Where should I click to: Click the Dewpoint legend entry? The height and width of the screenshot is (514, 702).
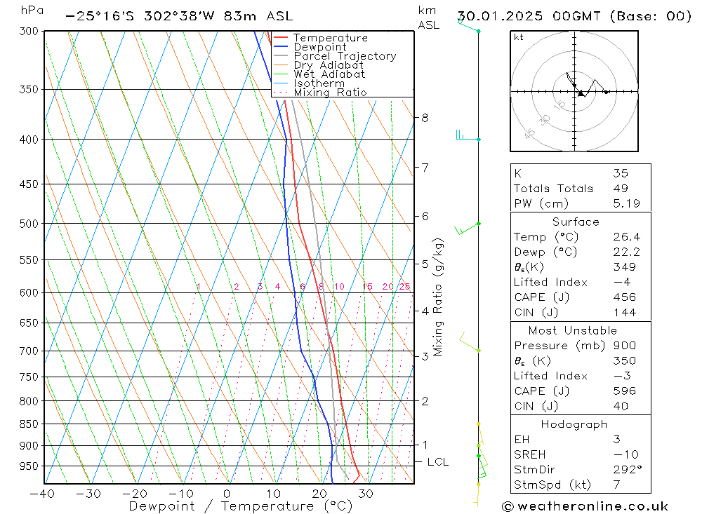[x=319, y=47]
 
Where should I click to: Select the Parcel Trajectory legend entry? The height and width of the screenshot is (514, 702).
[x=345, y=56]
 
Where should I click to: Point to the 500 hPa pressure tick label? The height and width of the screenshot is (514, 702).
[x=30, y=224]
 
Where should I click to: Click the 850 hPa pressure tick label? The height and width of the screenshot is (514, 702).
[x=30, y=424]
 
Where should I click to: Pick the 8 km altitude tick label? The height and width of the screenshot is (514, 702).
[x=425, y=118]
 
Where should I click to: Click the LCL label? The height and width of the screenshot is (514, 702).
[x=437, y=462]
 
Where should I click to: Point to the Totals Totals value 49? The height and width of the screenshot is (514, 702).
[x=620, y=188]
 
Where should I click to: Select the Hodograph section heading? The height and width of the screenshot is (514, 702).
[x=574, y=424]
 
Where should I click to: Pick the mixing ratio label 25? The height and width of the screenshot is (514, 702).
[x=404, y=287]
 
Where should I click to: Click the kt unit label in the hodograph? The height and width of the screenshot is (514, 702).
[x=519, y=37]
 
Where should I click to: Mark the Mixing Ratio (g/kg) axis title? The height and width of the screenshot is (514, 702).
[x=439, y=297]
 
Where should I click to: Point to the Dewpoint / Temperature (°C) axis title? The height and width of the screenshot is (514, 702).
[x=241, y=506]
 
